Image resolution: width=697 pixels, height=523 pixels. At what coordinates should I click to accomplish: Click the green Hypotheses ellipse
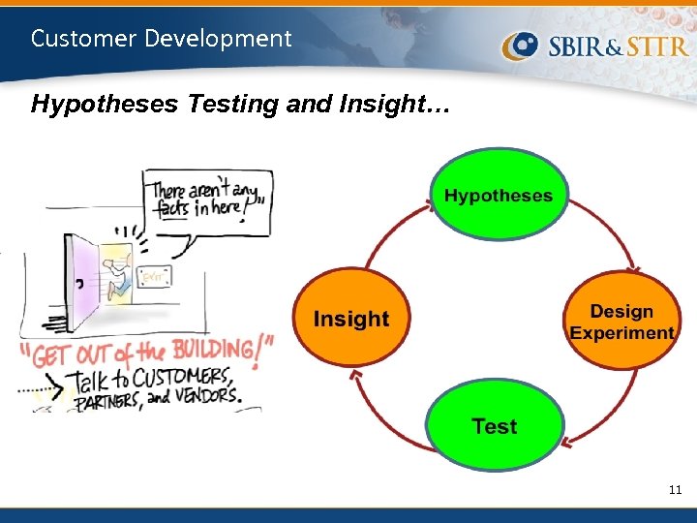click(x=499, y=195)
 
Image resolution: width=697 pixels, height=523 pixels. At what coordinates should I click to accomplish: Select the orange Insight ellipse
click(x=350, y=319)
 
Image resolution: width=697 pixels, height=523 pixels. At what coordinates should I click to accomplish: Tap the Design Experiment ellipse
click(x=621, y=322)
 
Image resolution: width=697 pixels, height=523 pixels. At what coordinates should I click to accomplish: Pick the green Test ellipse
click(x=495, y=426)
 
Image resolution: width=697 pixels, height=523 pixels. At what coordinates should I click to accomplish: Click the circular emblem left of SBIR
click(x=521, y=46)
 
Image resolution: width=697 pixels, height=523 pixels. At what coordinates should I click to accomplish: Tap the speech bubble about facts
click(x=207, y=200)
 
